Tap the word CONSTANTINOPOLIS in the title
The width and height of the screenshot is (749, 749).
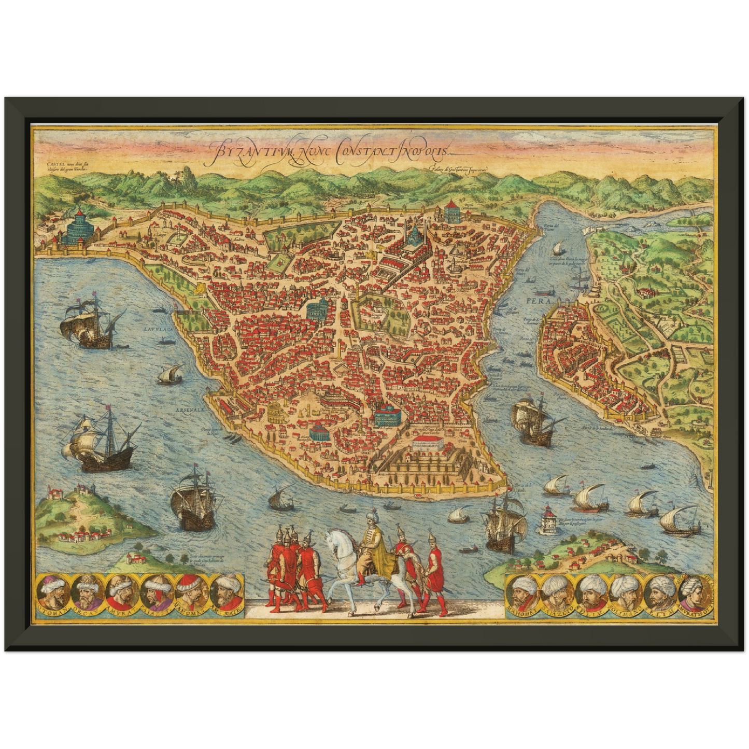click(x=394, y=150)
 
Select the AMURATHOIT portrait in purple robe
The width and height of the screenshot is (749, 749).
click(x=695, y=592)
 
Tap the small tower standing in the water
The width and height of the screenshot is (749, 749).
click(x=548, y=519)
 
